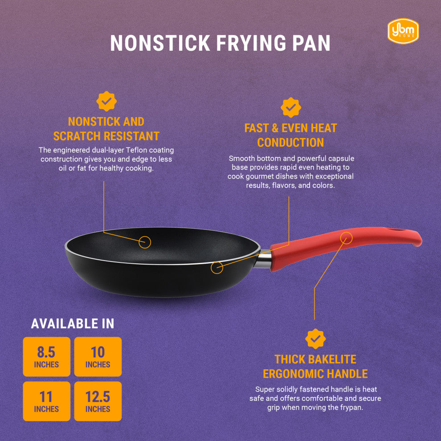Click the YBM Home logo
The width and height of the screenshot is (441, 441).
click(x=403, y=31)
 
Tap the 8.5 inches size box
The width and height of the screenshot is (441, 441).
click(x=46, y=357)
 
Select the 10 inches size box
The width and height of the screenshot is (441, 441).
click(x=98, y=357)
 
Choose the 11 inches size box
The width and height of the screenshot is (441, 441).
click(x=46, y=401)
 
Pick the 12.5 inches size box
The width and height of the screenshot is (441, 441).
click(x=98, y=401)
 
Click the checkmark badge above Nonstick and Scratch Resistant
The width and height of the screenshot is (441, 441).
click(x=106, y=101)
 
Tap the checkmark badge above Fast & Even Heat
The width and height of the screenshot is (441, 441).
click(x=290, y=107)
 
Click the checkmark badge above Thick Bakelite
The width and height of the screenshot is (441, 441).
click(x=315, y=339)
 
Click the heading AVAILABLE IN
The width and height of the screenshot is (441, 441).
click(x=73, y=324)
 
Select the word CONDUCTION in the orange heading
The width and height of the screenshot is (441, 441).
click(x=290, y=143)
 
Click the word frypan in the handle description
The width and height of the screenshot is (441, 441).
click(x=351, y=408)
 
